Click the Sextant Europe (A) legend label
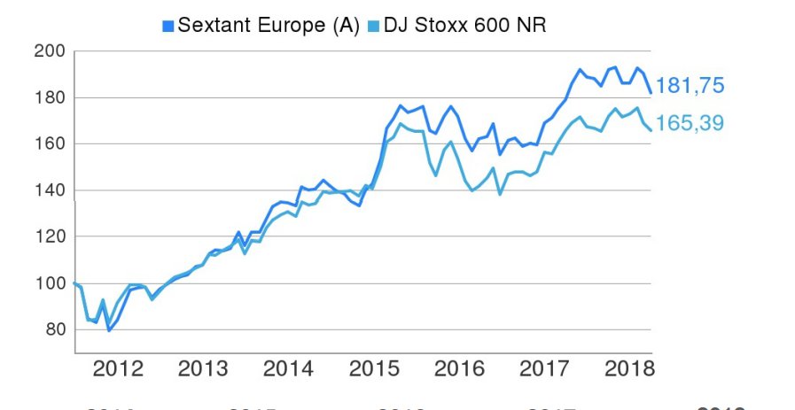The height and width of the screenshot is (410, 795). tap(269, 25)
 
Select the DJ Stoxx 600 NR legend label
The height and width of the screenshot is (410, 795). tap(464, 25)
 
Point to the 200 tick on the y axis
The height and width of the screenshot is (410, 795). tap(49, 51)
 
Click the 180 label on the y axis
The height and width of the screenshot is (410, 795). tap(49, 97)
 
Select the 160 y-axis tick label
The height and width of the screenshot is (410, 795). tap(49, 143)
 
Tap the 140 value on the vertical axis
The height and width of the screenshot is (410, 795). tap(49, 190)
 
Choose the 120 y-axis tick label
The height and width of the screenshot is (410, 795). tap(49, 236)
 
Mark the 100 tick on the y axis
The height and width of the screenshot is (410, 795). tap(49, 283)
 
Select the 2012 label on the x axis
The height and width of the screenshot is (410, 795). tap(118, 368)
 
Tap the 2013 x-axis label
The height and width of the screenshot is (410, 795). tap(203, 368)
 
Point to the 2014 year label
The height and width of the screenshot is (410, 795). tap(288, 368)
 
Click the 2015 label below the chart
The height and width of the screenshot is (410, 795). tap(372, 368)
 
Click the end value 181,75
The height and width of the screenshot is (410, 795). tap(690, 86)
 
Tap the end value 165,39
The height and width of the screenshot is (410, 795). tap(690, 123)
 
